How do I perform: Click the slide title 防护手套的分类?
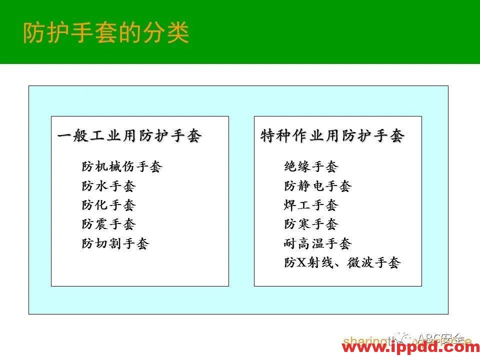pos(106,32)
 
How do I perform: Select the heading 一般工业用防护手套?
pos(129,136)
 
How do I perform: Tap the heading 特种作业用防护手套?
pos(332,136)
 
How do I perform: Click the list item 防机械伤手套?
pos(122,166)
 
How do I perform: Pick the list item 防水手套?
pos(108,186)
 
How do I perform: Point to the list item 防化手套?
pos(108,205)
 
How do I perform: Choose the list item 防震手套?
pos(108,224)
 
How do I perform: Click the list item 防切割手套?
pos(115,243)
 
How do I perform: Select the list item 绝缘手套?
pos(311,166)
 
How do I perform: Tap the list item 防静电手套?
pos(318,186)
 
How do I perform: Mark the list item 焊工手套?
pos(311,205)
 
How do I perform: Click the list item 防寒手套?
pos(311,224)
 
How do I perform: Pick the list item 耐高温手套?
pos(318,243)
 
